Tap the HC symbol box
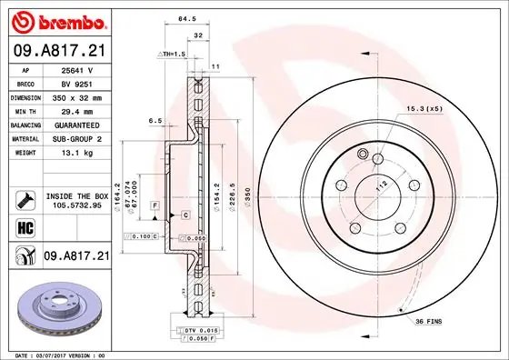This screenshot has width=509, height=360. click(24, 226)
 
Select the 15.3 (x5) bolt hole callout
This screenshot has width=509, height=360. click(424, 109)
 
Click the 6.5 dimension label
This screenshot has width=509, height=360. click(155, 120)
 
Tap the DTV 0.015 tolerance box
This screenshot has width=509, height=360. click(195, 328)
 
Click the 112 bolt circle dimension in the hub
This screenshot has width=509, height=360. click(383, 185)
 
